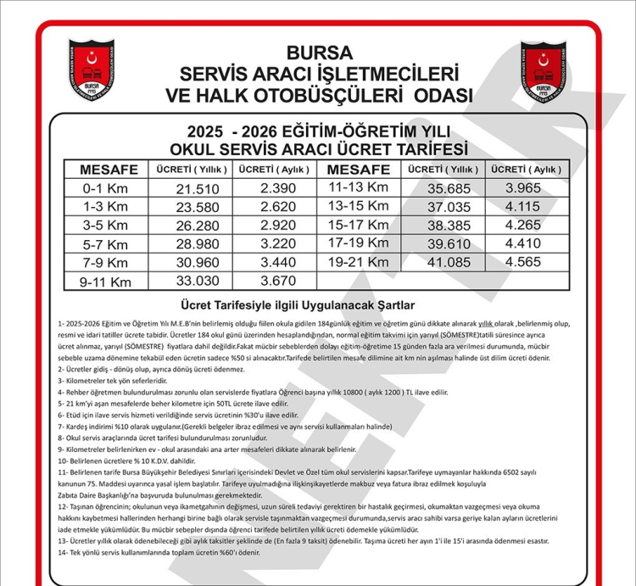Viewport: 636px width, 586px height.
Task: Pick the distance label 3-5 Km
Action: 105,226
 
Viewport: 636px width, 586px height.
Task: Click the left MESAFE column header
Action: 109,170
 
